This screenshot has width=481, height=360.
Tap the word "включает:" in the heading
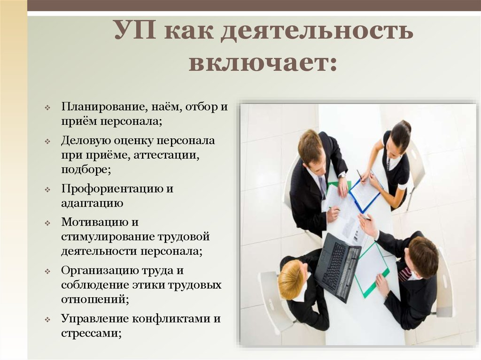263,63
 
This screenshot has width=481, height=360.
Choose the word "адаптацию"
92,203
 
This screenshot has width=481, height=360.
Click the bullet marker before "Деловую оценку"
48,141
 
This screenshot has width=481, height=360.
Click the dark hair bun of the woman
406,126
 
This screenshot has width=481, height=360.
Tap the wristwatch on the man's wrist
342,175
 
